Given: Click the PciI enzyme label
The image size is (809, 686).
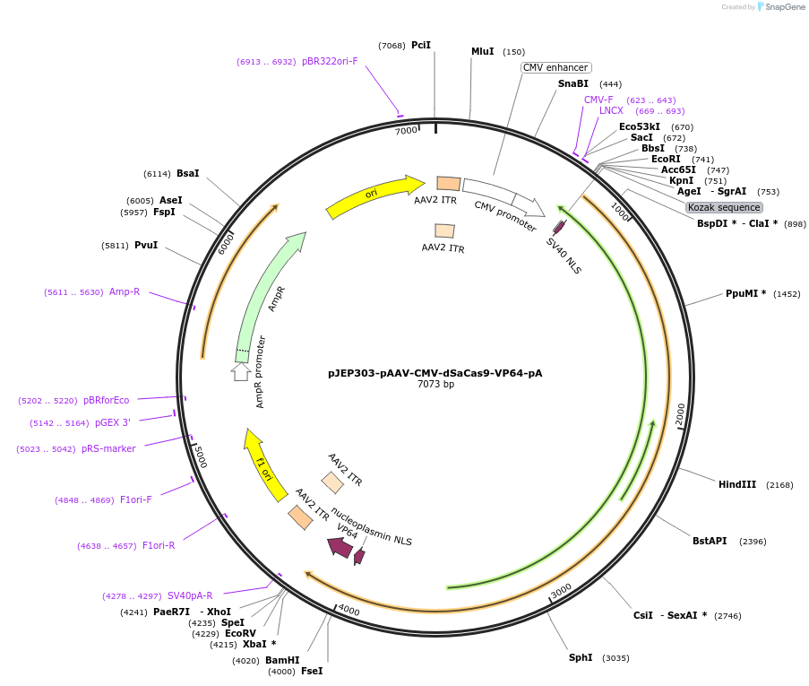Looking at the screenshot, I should point(421,45).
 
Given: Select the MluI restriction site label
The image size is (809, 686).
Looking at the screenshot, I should point(483,52).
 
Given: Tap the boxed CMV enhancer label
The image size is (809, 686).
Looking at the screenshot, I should point(555,67).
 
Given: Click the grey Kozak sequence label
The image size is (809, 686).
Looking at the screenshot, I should point(724,207).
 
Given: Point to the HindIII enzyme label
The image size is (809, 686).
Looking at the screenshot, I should point(737,485).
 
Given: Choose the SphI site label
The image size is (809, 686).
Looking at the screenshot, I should point(581,658).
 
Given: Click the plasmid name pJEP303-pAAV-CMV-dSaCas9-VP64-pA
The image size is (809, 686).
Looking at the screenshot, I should point(435,373).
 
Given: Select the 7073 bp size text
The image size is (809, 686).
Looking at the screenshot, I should point(435,385).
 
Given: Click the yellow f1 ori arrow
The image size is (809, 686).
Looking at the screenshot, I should point(265,465).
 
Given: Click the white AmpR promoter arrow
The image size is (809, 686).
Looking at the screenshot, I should point(241,371).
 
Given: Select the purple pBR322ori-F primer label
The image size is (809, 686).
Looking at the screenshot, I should point(330,62).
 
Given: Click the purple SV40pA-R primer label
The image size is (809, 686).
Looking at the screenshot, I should point(190,595).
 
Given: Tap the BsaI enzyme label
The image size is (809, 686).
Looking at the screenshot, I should point(188,174).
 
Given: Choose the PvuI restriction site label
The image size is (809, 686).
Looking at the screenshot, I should point(145,245).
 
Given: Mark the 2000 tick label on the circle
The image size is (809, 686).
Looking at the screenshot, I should point(680,415).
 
